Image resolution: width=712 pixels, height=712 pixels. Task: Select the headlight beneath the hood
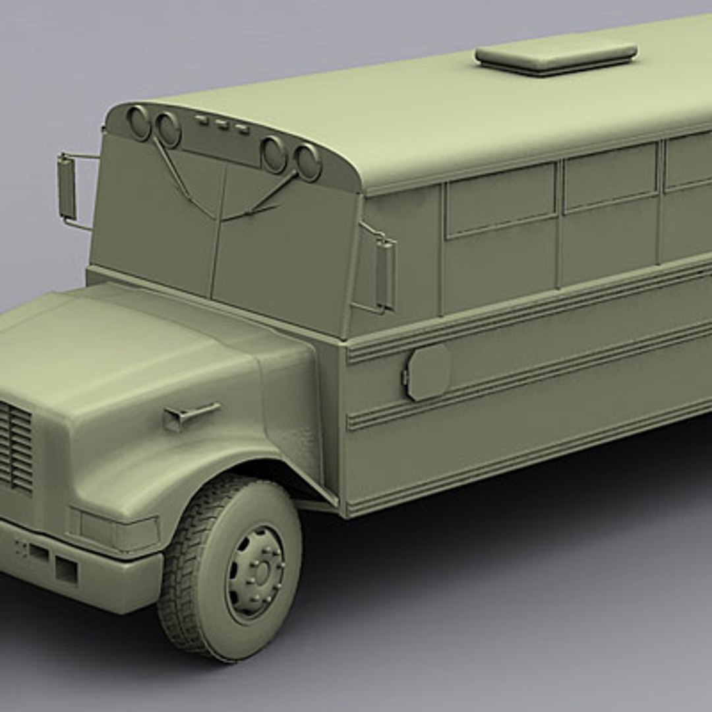(116, 530)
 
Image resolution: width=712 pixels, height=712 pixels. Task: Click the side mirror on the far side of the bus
(67, 188)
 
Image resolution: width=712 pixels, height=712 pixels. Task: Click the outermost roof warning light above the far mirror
(138, 123)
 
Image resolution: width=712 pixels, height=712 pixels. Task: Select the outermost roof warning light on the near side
(307, 162)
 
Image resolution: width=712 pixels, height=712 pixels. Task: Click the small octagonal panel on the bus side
(428, 373)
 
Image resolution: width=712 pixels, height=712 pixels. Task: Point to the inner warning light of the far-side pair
(167, 130)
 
